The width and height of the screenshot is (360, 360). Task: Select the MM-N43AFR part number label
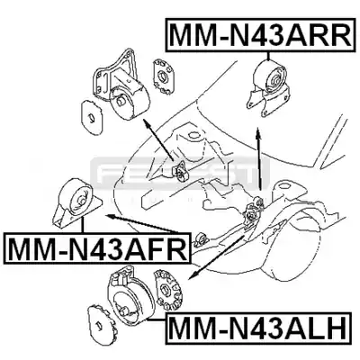[98, 247]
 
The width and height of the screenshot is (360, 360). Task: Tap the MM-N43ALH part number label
[257, 328]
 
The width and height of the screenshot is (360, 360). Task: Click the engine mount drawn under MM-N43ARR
[267, 86]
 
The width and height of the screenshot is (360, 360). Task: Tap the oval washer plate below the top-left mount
[92, 117]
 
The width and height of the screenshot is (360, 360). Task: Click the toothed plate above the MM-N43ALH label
[167, 290]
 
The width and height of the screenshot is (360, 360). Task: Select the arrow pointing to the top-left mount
[158, 139]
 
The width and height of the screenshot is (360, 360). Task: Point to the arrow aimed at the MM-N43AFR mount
[142, 223]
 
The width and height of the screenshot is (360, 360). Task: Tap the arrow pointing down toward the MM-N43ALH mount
[219, 257]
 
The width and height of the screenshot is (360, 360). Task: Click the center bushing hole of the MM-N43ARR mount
[275, 80]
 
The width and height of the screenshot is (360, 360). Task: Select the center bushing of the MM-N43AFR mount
[81, 201]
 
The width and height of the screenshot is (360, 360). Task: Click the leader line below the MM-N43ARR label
[268, 57]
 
